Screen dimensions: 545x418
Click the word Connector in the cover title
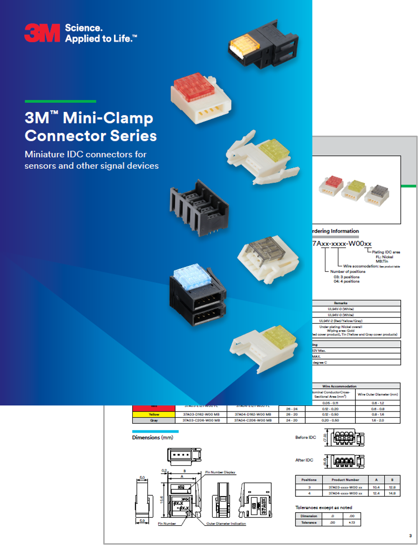[65, 136]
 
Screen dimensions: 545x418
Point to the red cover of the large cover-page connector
[194, 88]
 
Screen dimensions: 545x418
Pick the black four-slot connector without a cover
[199, 205]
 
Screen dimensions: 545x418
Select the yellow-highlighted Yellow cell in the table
[154, 414]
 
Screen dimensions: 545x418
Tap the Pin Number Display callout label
[220, 472]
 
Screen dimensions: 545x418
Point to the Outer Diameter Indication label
[226, 523]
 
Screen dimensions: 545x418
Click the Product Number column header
[345, 480]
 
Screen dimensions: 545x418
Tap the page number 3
[410, 536]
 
